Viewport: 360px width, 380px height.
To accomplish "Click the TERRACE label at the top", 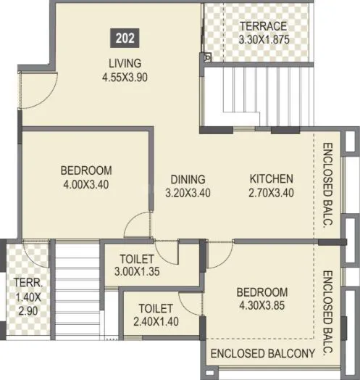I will pyautogui.click(x=264, y=26).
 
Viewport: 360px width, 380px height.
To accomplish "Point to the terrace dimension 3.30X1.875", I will pyautogui.click(x=264, y=40).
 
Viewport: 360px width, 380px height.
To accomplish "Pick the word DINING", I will pyautogui.click(x=188, y=179).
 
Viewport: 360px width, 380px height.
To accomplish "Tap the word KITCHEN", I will pyautogui.click(x=271, y=179).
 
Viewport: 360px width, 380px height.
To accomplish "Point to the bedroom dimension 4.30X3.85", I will pyautogui.click(x=262, y=305).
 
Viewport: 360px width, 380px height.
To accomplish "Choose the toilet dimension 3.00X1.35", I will pyautogui.click(x=137, y=273).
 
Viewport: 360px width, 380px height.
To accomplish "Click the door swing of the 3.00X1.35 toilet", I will pyautogui.click(x=167, y=254).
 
